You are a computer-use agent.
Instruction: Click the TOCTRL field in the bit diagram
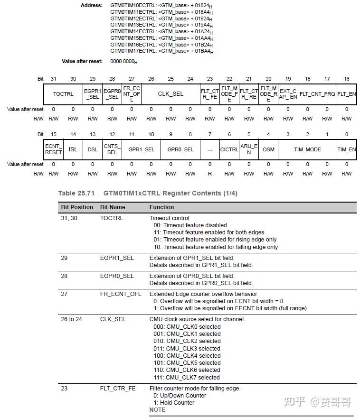[x=63, y=94]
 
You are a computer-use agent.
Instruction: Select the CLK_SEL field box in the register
[x=171, y=94]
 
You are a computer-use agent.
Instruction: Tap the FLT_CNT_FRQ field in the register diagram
[x=317, y=94]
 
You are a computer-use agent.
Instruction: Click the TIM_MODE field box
[x=307, y=149]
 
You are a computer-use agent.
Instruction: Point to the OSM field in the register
[x=268, y=149]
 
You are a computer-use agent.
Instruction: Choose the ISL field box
[x=73, y=149]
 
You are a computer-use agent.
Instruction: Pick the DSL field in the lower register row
[x=93, y=149]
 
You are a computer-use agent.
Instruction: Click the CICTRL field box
[x=229, y=149]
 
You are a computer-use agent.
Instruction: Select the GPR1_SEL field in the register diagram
[x=141, y=149]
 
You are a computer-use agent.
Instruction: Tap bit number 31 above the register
[x=53, y=79]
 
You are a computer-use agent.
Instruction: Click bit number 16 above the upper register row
[x=347, y=79]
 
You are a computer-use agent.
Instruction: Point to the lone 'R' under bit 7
[x=209, y=174]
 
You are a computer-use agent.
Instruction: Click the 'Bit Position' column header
[x=77, y=207]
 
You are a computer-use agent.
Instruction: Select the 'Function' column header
[x=161, y=207]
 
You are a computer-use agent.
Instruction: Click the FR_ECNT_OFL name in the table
[x=121, y=294]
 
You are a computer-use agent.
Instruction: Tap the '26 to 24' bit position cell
[x=71, y=319]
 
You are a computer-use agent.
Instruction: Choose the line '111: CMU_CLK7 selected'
[x=187, y=378]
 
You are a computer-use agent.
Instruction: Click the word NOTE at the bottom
[x=157, y=409]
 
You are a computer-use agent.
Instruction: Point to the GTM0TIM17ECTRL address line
[x=161, y=51]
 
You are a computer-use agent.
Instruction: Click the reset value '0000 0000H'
[x=123, y=62]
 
